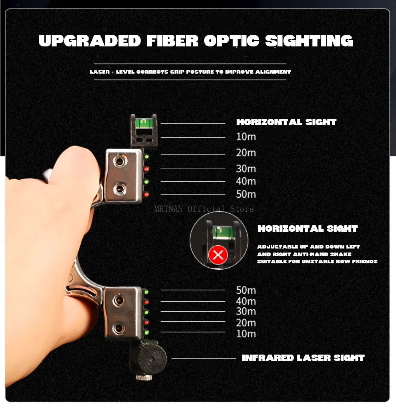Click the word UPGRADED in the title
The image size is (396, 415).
pos(90,41)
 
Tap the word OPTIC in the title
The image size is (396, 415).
pos(231,41)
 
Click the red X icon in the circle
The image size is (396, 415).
pos(218,255)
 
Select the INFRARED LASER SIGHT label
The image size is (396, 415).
pos(303,358)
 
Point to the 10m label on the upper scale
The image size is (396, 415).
pos(246,136)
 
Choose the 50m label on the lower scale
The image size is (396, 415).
pos(246,290)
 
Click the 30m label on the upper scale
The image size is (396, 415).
pos(246,168)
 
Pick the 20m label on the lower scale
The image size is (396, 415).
pos(246,323)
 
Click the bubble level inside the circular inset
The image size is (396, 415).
pos(221,232)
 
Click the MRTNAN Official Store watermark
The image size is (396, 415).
pos(204,209)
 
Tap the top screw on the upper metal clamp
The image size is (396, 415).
pos(120,160)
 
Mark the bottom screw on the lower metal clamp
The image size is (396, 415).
pos(119,329)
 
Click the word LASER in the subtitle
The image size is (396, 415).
pos(100,72)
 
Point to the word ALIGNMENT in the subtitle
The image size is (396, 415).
pos(273,72)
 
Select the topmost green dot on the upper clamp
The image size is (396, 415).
pos(147,157)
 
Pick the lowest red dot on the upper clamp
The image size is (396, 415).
pos(146,195)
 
